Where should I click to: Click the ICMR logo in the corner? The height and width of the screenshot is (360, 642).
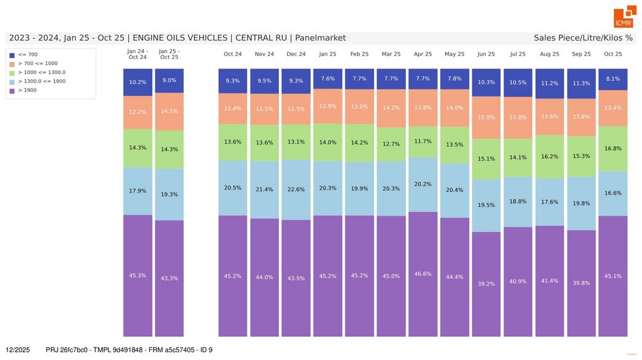click(623, 18)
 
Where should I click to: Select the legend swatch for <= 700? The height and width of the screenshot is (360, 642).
click(12, 55)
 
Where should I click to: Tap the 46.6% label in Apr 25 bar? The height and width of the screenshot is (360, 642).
click(423, 273)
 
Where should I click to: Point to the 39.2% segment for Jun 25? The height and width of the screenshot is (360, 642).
click(486, 283)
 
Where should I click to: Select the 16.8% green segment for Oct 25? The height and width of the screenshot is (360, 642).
click(613, 149)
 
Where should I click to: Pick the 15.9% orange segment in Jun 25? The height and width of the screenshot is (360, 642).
click(486, 117)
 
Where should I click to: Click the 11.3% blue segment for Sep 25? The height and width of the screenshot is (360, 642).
click(581, 83)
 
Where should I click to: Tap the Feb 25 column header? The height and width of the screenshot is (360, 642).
click(359, 55)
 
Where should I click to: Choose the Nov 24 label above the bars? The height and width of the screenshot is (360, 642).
click(265, 55)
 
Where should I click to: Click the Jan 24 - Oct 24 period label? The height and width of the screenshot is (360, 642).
click(137, 54)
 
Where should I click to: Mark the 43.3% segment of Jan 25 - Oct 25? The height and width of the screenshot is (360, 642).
click(169, 278)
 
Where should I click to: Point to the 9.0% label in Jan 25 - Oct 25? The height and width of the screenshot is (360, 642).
click(169, 80)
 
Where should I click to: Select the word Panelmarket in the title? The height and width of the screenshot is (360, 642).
click(320, 38)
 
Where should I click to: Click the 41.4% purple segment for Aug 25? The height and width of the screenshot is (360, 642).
click(549, 280)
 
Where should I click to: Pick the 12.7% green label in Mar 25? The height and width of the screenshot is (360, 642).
click(391, 144)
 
